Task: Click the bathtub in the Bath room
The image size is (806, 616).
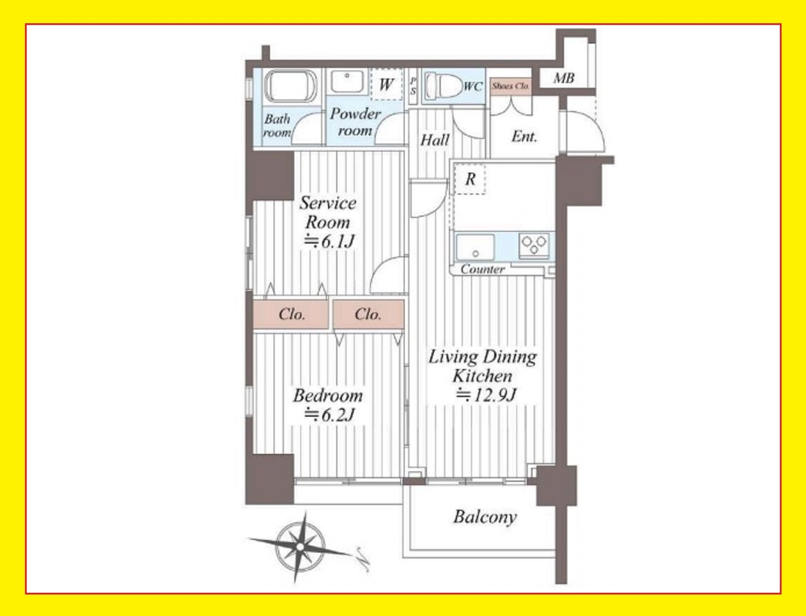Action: click(291, 86)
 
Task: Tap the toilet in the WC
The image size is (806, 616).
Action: click(444, 86)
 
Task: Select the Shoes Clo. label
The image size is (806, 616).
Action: click(510, 86)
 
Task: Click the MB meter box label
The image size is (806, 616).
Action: click(564, 78)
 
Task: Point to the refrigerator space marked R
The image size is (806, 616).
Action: click(470, 179)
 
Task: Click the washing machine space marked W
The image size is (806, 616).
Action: click(386, 84)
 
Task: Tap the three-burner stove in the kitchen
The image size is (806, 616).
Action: click(534, 245)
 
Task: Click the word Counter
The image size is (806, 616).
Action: click(483, 269)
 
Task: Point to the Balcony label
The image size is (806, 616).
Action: click(485, 517)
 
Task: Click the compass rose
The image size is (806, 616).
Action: click(301, 547)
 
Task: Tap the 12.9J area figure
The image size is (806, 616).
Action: click(486, 395)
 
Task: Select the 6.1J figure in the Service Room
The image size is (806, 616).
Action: click(329, 241)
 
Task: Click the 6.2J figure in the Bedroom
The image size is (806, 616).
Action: click(329, 415)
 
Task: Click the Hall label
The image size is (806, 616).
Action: click(435, 140)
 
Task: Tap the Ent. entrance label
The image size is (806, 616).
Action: click(524, 137)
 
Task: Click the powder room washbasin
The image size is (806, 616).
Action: click(347, 81)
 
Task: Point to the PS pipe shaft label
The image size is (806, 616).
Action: click(413, 86)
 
